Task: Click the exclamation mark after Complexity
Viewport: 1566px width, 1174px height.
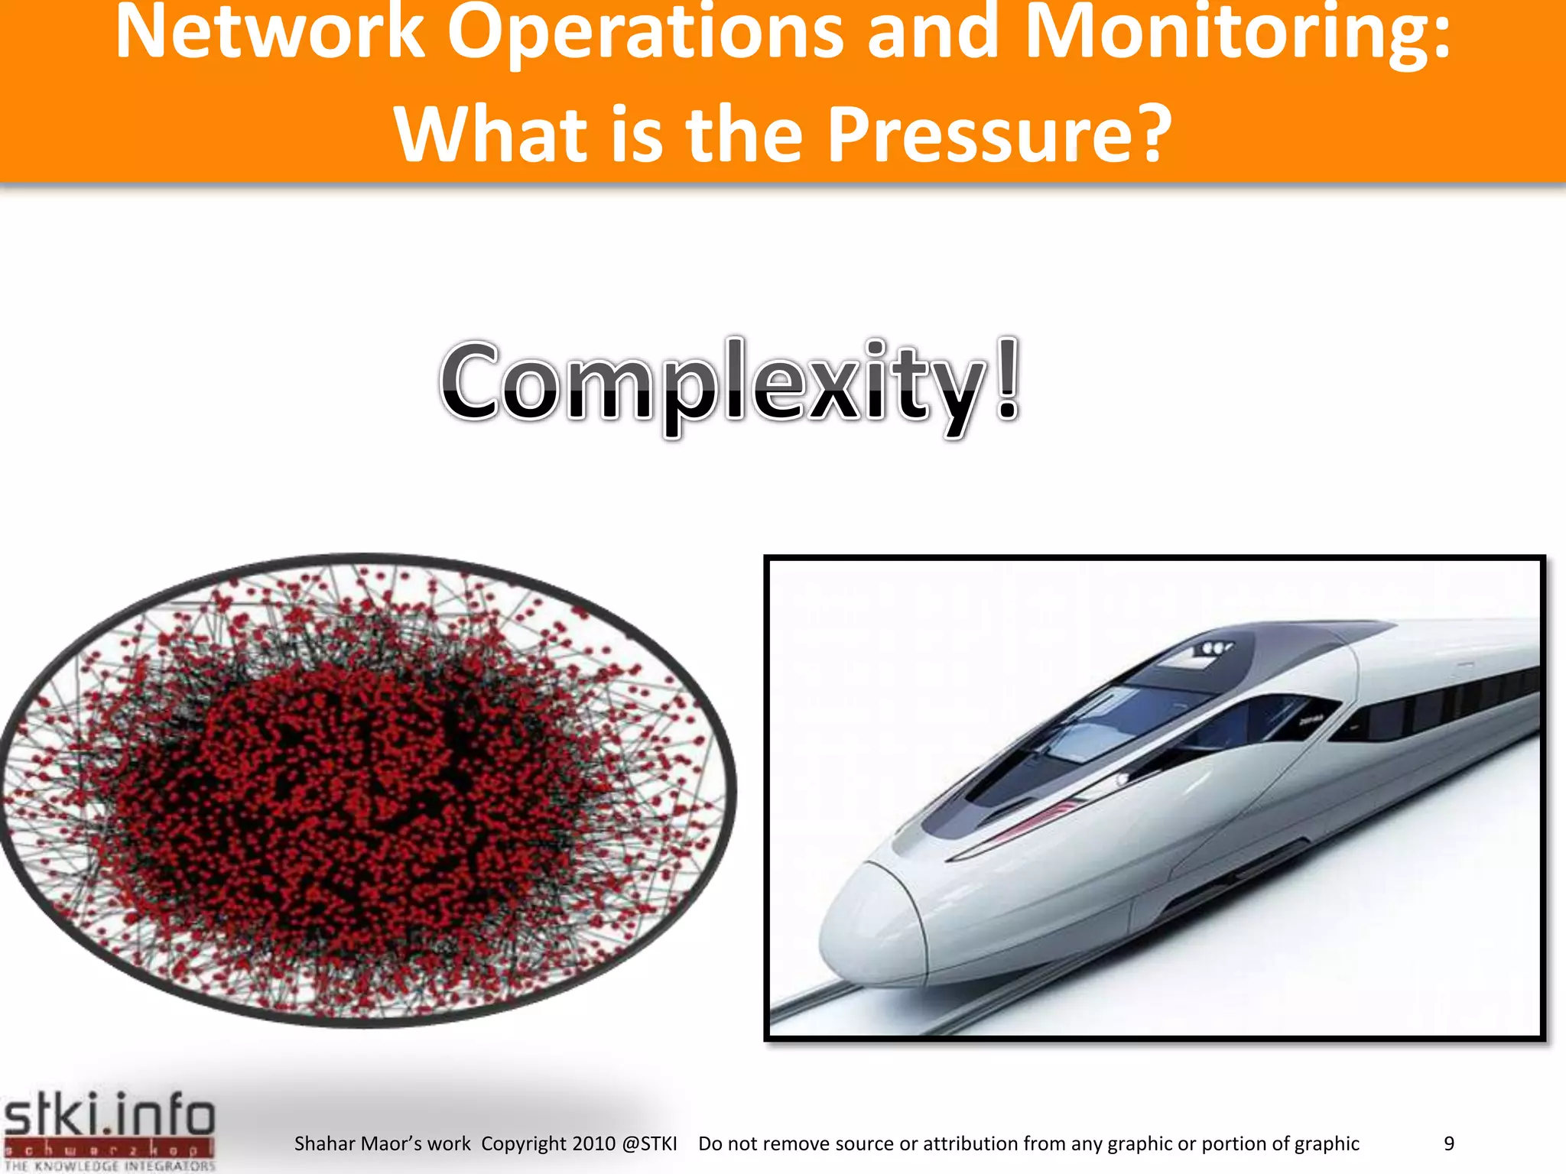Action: pyautogui.click(x=1008, y=380)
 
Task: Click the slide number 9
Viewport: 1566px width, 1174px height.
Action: pyautogui.click(x=1448, y=1143)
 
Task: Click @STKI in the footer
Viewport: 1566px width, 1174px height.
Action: pyautogui.click(x=649, y=1143)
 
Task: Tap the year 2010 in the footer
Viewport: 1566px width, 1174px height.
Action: pyautogui.click(x=593, y=1143)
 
